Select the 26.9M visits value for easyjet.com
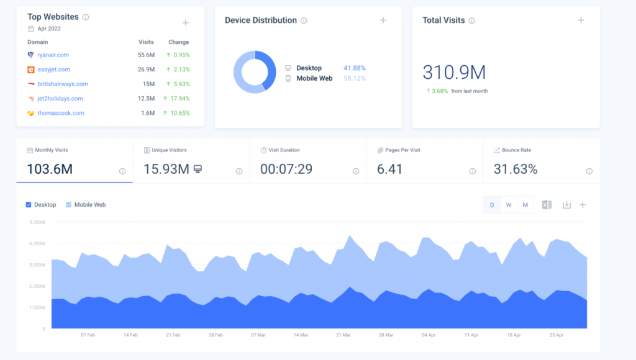pos(146,70)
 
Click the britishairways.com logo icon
pos(31,84)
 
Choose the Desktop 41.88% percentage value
pos(355,68)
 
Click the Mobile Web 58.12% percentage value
pos(355,78)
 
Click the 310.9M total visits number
pos(454,72)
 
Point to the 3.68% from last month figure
pos(438,91)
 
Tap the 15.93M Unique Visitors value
pos(166,169)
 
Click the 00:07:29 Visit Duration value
pos(286,169)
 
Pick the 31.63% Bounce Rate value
pos(516,169)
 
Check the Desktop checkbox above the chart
pos(29,205)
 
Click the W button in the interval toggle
pos(509,205)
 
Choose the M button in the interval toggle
pos(525,205)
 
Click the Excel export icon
pos(547,205)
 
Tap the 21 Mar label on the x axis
pos(343,335)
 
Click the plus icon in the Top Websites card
pos(185,23)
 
